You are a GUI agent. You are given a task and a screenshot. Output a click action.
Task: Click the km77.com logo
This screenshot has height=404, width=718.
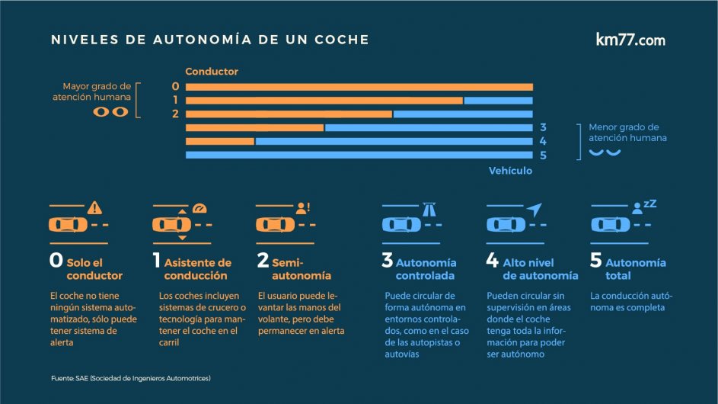[630, 40]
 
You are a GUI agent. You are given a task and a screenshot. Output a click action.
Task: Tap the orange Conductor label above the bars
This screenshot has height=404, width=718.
[212, 72]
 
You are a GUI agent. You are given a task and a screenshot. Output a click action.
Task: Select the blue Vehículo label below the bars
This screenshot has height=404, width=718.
[510, 171]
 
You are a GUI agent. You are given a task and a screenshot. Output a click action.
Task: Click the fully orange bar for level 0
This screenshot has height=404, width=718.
[359, 86]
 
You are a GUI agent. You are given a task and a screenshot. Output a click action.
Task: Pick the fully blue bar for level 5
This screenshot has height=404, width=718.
[359, 156]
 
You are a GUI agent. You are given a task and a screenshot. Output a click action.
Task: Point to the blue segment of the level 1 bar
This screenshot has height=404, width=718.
[498, 100]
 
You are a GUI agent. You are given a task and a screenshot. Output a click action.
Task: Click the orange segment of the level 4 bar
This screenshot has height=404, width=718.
[219, 141]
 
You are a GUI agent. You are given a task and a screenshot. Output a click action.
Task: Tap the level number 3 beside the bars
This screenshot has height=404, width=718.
[543, 127]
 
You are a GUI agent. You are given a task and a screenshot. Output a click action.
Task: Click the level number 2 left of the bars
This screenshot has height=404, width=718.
[175, 114]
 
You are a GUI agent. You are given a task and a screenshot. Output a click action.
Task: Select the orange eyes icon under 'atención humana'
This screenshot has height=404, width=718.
[111, 112]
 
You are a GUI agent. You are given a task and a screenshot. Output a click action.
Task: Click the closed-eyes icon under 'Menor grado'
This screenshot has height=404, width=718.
[605, 152]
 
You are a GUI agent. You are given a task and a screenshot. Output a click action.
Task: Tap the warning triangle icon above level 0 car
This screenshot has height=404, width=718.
[94, 207]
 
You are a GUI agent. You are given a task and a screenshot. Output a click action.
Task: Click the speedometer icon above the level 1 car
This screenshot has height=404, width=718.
[199, 207]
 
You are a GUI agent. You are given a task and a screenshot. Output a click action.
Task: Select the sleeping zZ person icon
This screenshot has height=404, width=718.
[643, 206]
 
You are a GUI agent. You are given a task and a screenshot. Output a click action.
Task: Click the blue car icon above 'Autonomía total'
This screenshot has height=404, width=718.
[611, 225]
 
